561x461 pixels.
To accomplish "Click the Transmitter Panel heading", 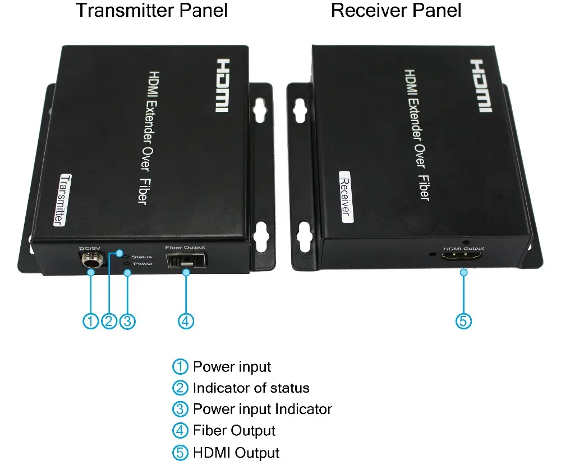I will pyautogui.click(x=151, y=11).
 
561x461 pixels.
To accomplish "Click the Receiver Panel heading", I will pyautogui.click(x=396, y=11).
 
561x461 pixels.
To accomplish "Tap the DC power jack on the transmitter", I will pyautogui.click(x=91, y=261).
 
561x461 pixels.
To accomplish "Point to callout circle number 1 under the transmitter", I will pyautogui.click(x=91, y=321).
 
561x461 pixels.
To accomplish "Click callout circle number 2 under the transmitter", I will pyautogui.click(x=109, y=321).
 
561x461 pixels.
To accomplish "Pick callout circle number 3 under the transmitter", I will pyautogui.click(x=128, y=321).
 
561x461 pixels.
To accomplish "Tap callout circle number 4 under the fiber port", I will pyautogui.click(x=186, y=321).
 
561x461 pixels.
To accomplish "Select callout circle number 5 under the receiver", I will pyautogui.click(x=463, y=321).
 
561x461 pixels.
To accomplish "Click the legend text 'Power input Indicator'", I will pyautogui.click(x=262, y=409).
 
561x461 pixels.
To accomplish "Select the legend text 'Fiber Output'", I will pyautogui.click(x=234, y=431).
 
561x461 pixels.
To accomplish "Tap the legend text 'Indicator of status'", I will pyautogui.click(x=251, y=388).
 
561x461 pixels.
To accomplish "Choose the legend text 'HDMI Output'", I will pyautogui.click(x=236, y=453).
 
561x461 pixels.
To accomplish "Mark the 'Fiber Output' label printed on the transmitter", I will pyautogui.click(x=186, y=247).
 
